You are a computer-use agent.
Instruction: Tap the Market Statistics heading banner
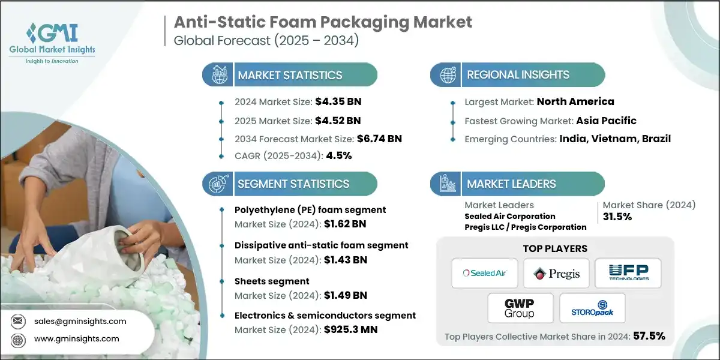pos(290,75)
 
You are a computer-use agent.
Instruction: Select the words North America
pos(575,101)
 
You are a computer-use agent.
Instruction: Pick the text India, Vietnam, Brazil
pos(615,139)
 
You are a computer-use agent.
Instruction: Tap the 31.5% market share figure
pos(617,217)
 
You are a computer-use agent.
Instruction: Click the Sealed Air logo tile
pos(485,273)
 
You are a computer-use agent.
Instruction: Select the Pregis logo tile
pos(556,273)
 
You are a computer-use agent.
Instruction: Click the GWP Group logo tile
pos(520,308)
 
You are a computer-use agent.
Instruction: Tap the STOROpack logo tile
pos(592,308)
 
